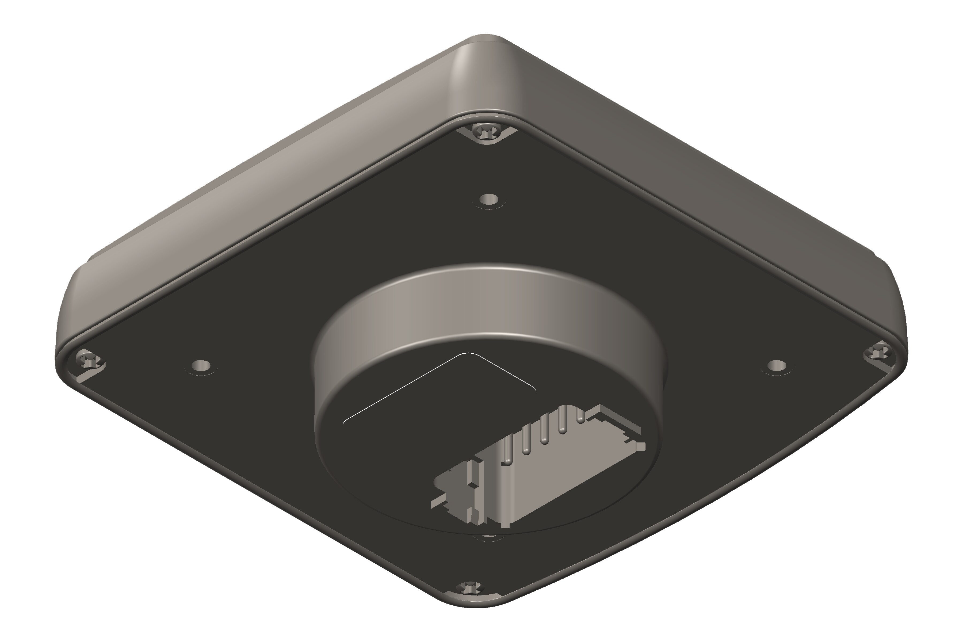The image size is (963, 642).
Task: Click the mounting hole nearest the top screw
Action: pyautogui.click(x=490, y=200)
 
